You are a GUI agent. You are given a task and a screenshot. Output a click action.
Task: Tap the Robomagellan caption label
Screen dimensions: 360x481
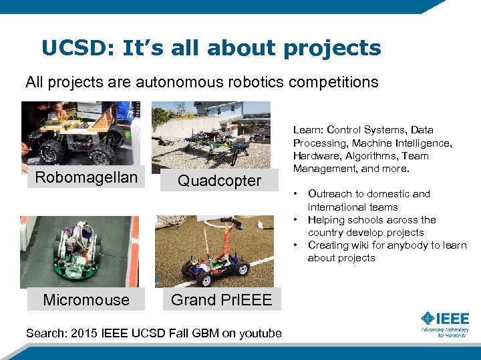[86, 177]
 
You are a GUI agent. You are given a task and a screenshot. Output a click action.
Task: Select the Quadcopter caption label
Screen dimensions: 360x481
[220, 181]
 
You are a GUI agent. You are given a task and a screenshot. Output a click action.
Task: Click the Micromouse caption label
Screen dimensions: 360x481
[86, 300]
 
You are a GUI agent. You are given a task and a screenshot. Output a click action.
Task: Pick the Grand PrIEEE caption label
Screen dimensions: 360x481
[221, 300]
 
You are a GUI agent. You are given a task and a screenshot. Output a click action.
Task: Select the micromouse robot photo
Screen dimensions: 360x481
[80, 251]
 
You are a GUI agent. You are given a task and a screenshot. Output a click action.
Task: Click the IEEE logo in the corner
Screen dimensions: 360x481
[444, 323]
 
